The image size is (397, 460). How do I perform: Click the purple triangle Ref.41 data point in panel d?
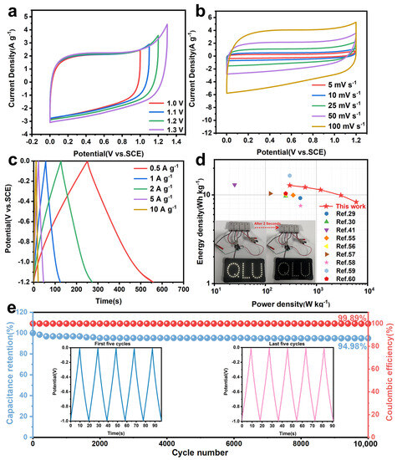(x=235, y=185)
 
